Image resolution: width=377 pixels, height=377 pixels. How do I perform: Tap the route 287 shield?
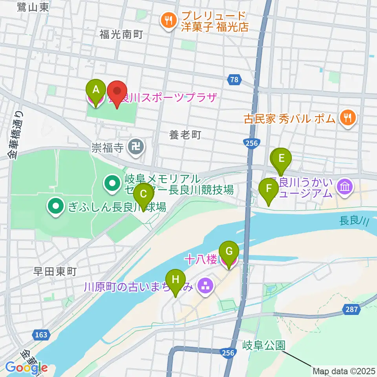point(352,309)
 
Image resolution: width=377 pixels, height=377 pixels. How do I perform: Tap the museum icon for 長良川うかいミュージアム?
point(344,186)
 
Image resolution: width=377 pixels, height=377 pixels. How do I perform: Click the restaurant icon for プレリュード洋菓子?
point(169,20)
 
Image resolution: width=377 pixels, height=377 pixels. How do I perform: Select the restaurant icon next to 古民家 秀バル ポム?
point(347,117)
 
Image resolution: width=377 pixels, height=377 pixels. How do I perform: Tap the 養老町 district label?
point(185,135)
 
